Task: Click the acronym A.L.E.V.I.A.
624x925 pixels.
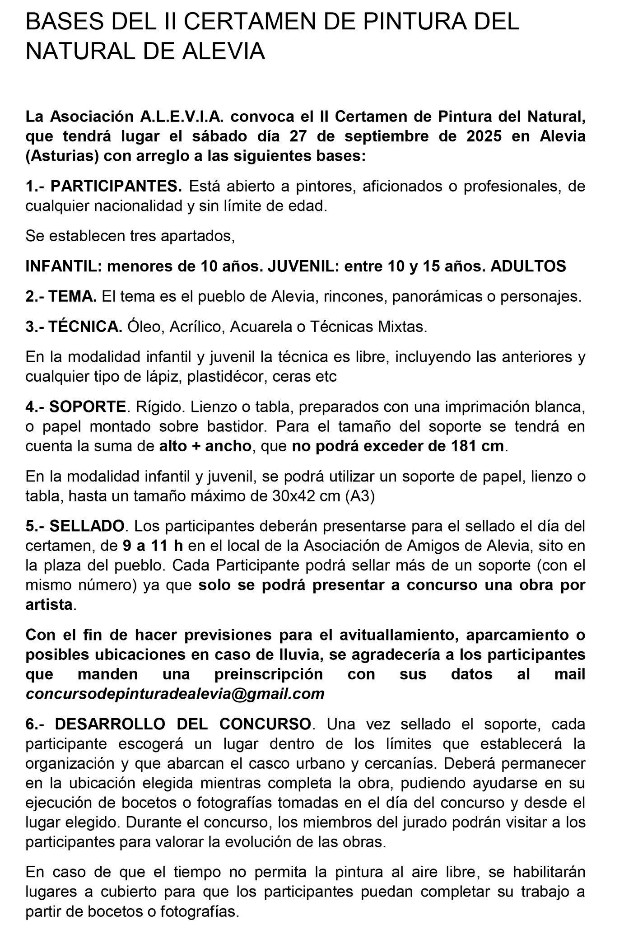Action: pyautogui.click(x=182, y=117)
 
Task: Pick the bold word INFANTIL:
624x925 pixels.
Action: pyautogui.click(x=63, y=266)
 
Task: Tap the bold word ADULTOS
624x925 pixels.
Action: pyautogui.click(x=528, y=266)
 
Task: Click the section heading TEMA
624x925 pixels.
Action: pyautogui.click(x=73, y=296)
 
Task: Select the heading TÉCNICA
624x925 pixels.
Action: pyautogui.click(x=85, y=327)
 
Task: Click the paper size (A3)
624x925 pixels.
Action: pyautogui.click(x=360, y=496)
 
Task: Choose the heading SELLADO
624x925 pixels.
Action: pyautogui.click(x=87, y=526)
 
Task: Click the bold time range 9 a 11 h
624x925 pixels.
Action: pyautogui.click(x=153, y=546)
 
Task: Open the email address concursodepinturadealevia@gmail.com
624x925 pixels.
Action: pyautogui.click(x=175, y=693)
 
